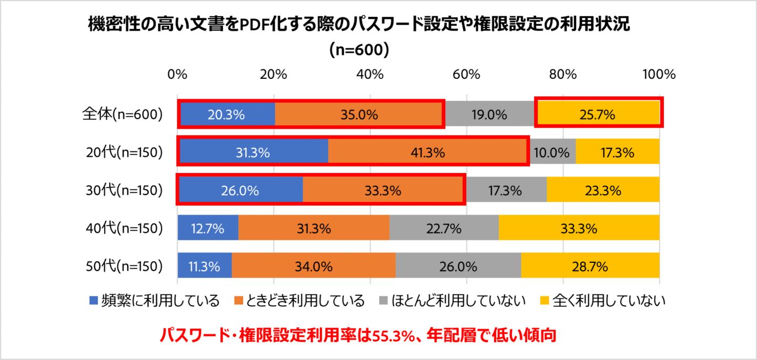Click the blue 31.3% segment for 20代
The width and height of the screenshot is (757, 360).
pos(253,153)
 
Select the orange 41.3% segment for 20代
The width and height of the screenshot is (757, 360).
pos(428,153)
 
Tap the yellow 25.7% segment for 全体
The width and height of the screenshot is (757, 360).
pos(598,115)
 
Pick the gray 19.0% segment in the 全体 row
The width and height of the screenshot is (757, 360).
pos(489,115)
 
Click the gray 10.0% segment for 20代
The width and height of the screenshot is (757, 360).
pos(552,153)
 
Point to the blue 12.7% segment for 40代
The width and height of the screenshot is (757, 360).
pos(208,229)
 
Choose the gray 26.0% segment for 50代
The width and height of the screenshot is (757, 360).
pos(458,266)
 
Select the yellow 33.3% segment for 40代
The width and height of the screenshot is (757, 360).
pos(579,229)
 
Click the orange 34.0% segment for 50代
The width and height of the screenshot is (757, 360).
pos(314,266)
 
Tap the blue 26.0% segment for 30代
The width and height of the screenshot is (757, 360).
pos(240,191)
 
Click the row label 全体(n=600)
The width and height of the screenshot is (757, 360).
pos(122,115)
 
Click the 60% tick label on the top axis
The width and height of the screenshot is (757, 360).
pos(466,74)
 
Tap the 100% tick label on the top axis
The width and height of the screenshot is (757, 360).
pos(658,74)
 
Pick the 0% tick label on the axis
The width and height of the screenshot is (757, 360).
pos(178,74)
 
